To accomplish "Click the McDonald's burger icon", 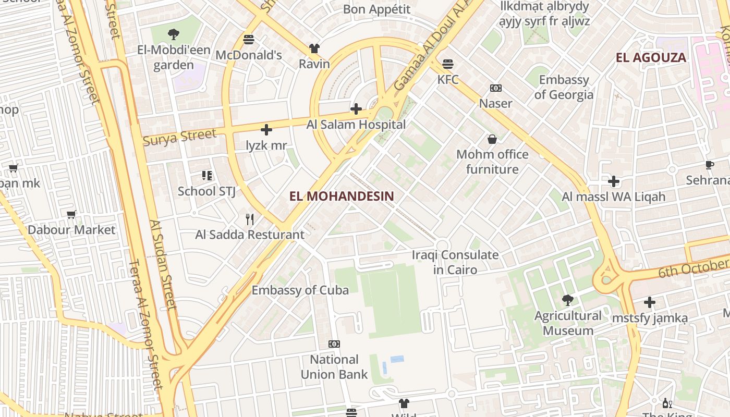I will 249,40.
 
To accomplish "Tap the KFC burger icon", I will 448,64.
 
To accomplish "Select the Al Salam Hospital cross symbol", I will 356,109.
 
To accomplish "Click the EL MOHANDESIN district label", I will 342,196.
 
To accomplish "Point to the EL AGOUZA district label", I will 651,57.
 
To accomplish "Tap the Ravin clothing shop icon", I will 314,48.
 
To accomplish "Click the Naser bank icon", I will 495,88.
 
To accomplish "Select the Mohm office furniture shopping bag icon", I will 492,139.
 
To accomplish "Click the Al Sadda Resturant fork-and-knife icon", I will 250,219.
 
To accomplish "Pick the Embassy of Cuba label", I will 300,290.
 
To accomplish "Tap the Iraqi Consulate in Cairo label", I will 455,262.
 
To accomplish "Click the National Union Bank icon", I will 334,344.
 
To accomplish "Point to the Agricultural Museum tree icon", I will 567,300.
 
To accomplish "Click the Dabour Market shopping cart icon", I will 71,215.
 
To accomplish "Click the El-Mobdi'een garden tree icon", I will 174,34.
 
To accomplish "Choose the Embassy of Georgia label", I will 564,87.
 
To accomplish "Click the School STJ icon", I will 207,176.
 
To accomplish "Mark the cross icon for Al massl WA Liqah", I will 614,181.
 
